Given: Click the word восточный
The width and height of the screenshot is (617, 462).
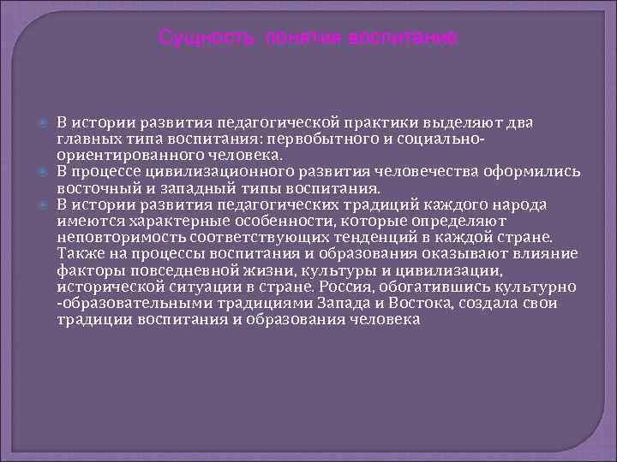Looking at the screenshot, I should pos(93,187).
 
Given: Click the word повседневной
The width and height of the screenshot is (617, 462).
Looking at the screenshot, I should pos(168,270).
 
